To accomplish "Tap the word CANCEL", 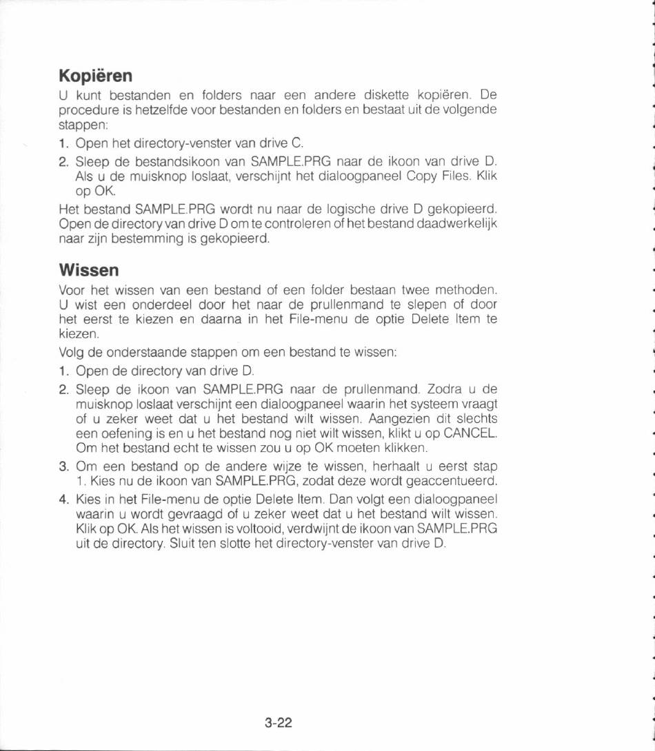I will point(470,434).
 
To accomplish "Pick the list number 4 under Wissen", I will point(63,498).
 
